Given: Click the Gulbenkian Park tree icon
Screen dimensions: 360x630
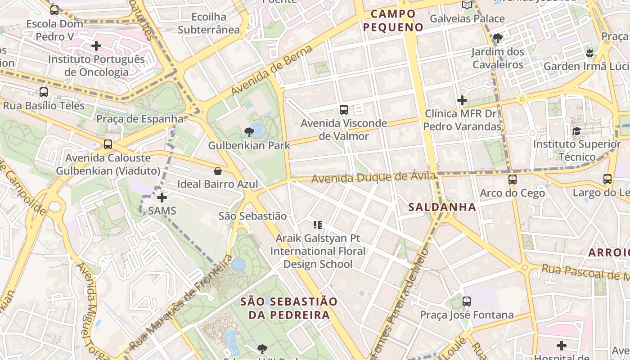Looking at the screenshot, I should point(248,132).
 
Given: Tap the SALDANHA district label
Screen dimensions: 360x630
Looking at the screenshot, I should point(442,207).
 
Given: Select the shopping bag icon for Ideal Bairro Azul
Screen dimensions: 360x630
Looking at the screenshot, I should point(218,171).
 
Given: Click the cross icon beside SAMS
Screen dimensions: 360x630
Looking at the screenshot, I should point(162,198).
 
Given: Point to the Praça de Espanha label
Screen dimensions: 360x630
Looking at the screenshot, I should point(140,119).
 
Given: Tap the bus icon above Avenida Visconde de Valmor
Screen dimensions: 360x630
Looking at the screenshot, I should point(344,109).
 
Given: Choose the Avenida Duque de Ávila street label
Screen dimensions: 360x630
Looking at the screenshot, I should point(373,178).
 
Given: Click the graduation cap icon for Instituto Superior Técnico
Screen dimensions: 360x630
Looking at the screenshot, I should point(576,131).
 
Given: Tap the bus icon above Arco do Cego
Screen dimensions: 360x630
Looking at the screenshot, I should point(512,180).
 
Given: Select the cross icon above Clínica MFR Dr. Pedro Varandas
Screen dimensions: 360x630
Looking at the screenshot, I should point(462,100).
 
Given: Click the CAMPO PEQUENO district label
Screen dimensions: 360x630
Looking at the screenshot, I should point(393,21).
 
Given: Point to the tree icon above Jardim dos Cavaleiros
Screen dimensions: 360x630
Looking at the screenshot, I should point(497,38).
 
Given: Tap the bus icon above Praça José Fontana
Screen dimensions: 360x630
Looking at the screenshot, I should point(467,301).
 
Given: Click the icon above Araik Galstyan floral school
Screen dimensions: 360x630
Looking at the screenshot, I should point(318,225).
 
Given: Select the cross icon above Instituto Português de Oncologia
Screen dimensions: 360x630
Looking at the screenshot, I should point(96,46).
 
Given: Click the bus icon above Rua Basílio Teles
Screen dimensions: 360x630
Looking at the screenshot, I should point(44,92).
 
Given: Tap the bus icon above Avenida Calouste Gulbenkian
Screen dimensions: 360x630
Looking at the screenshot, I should point(108,144).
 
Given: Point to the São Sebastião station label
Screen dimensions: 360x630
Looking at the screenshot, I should point(252,216).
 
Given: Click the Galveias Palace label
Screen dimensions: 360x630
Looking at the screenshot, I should point(467,19).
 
